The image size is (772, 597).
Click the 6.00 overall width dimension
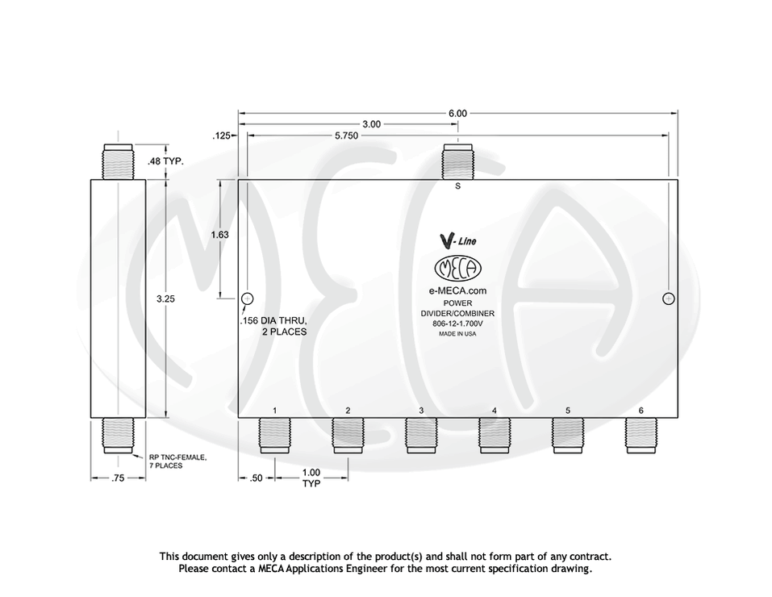click(457, 113)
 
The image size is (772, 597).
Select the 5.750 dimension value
click(347, 136)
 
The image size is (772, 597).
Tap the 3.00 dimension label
click(371, 124)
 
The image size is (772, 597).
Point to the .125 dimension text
click(221, 136)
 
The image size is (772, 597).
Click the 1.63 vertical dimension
click(219, 235)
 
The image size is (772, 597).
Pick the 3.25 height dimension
click(165, 298)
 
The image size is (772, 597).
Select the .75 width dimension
click(118, 478)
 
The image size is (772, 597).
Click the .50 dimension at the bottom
click(256, 478)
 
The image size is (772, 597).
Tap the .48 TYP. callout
click(165, 161)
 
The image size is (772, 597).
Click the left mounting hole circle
click(247, 298)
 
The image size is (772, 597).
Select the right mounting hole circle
click(668, 298)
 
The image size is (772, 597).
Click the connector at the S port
click(457, 161)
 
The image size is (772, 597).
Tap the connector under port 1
click(274, 436)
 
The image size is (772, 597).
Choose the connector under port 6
click(641, 436)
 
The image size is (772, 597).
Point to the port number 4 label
click(494, 411)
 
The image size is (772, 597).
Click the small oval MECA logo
click(457, 268)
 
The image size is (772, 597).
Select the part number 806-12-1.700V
click(457, 324)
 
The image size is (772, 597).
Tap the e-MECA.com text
click(457, 290)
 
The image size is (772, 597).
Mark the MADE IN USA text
click(457, 334)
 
